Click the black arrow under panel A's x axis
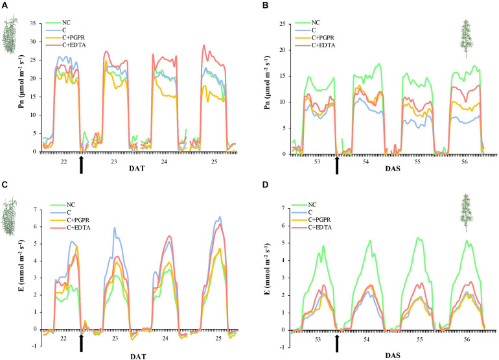coord(81,165)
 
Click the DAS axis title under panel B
coord(391,171)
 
